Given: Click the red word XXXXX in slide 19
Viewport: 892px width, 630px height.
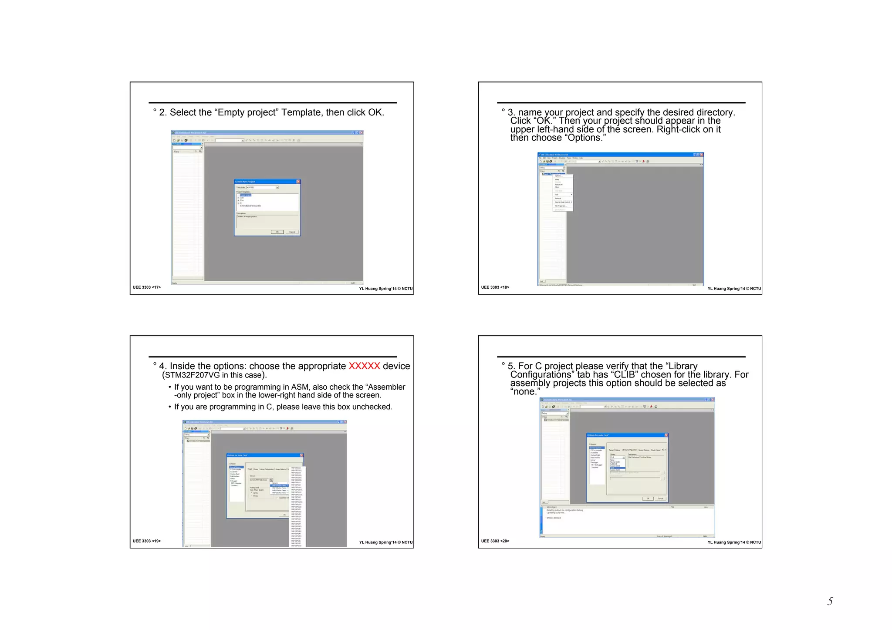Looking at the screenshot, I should [x=364, y=366].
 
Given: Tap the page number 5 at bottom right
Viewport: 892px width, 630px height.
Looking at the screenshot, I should [x=830, y=601].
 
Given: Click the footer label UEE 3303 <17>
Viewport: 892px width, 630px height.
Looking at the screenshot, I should [x=147, y=287].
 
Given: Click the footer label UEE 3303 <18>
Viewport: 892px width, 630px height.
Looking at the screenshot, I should [x=495, y=287].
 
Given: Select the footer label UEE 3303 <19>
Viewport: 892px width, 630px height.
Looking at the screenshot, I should [x=147, y=541].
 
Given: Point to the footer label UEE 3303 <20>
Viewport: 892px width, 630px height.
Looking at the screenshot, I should [x=495, y=541].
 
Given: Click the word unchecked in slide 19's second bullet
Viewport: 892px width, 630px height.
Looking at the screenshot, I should [x=372, y=407].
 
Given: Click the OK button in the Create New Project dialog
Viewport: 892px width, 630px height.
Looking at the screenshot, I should [x=277, y=232].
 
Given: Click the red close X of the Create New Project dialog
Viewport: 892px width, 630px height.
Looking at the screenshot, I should [x=298, y=182].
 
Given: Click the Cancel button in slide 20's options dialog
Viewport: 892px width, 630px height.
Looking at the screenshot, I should [x=660, y=499].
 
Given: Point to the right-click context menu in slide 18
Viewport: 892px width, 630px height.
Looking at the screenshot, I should [x=563, y=193].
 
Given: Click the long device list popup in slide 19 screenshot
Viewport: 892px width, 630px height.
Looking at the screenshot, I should [x=298, y=505].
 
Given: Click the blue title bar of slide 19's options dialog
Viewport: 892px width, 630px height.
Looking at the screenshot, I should [x=261, y=455].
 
